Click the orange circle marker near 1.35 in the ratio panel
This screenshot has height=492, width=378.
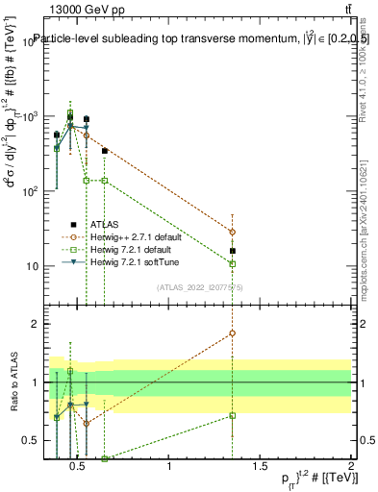click(x=232, y=333)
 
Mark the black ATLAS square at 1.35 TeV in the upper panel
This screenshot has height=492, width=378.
click(x=232, y=251)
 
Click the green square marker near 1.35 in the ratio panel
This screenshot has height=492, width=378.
click(x=232, y=415)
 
